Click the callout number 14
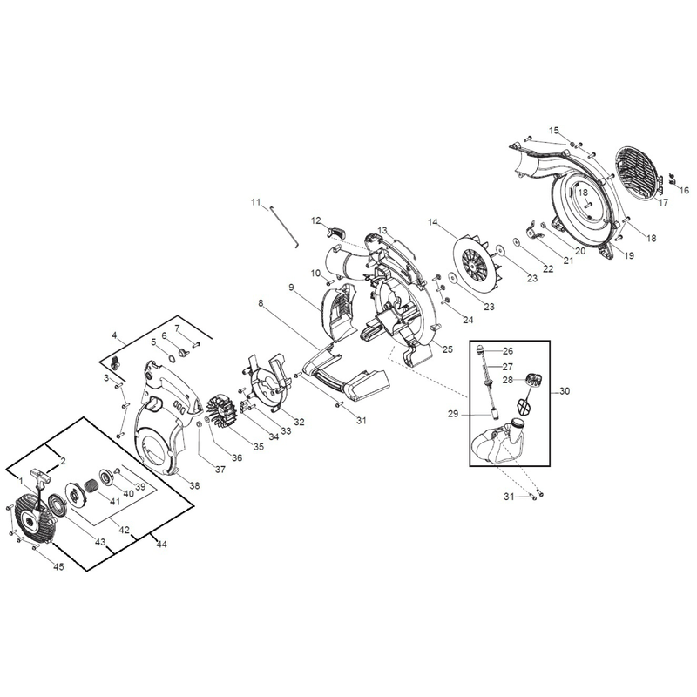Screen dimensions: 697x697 pos(433,222)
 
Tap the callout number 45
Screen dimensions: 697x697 pos(58,566)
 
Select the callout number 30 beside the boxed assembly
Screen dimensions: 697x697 pos(565,391)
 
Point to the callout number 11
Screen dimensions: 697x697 pos(255,202)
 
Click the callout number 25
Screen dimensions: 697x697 pos(448,349)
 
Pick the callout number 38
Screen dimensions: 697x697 pos(194,485)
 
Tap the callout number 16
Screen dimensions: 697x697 pos(684,190)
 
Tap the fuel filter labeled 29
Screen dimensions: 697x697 pos(494,414)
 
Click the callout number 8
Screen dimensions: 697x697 pos(261,303)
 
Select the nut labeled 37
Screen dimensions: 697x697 pos(200,425)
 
